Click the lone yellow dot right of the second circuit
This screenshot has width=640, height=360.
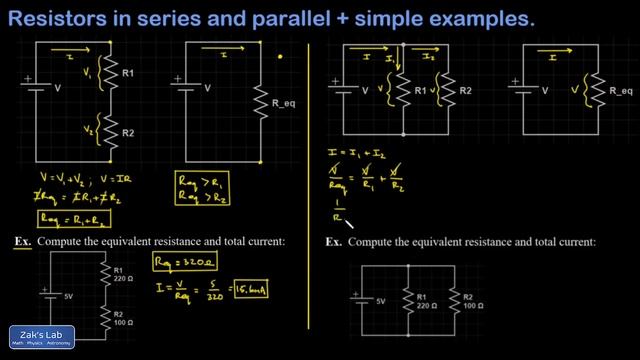pos(282,57)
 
